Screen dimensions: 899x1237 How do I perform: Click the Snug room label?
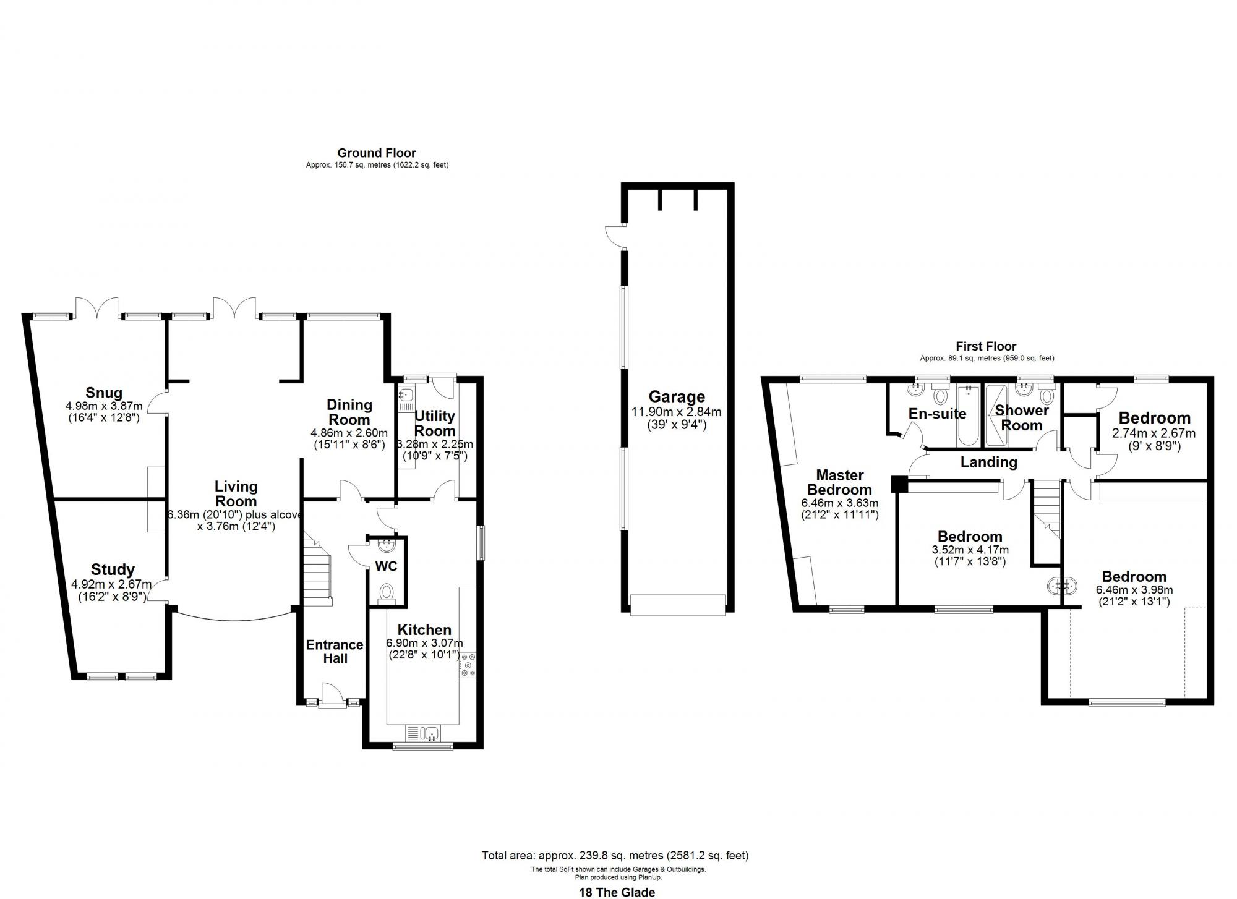click(x=104, y=393)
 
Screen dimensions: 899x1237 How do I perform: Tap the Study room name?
click(x=113, y=569)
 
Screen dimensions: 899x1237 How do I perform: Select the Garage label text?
click(x=677, y=397)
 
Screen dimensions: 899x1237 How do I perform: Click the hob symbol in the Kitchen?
click(x=468, y=665)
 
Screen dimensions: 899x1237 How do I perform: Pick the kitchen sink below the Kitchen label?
click(x=423, y=733)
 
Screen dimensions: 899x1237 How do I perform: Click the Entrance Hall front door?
click(x=333, y=692)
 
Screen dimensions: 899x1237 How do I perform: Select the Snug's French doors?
click(x=97, y=307)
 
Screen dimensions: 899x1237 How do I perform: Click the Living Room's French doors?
click(x=234, y=307)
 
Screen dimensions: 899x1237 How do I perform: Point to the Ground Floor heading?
click(x=376, y=153)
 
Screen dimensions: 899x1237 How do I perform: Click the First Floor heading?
click(x=986, y=346)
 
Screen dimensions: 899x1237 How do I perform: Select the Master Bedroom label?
click(x=839, y=482)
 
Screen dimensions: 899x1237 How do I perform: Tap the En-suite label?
click(x=937, y=414)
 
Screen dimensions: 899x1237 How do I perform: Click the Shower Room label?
click(x=1022, y=418)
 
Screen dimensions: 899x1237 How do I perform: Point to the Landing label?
click(x=988, y=462)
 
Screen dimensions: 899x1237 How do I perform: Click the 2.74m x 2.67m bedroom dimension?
click(x=1154, y=433)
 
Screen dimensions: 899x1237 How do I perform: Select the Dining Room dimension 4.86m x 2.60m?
click(x=349, y=433)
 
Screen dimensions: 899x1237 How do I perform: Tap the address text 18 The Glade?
click(x=617, y=892)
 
